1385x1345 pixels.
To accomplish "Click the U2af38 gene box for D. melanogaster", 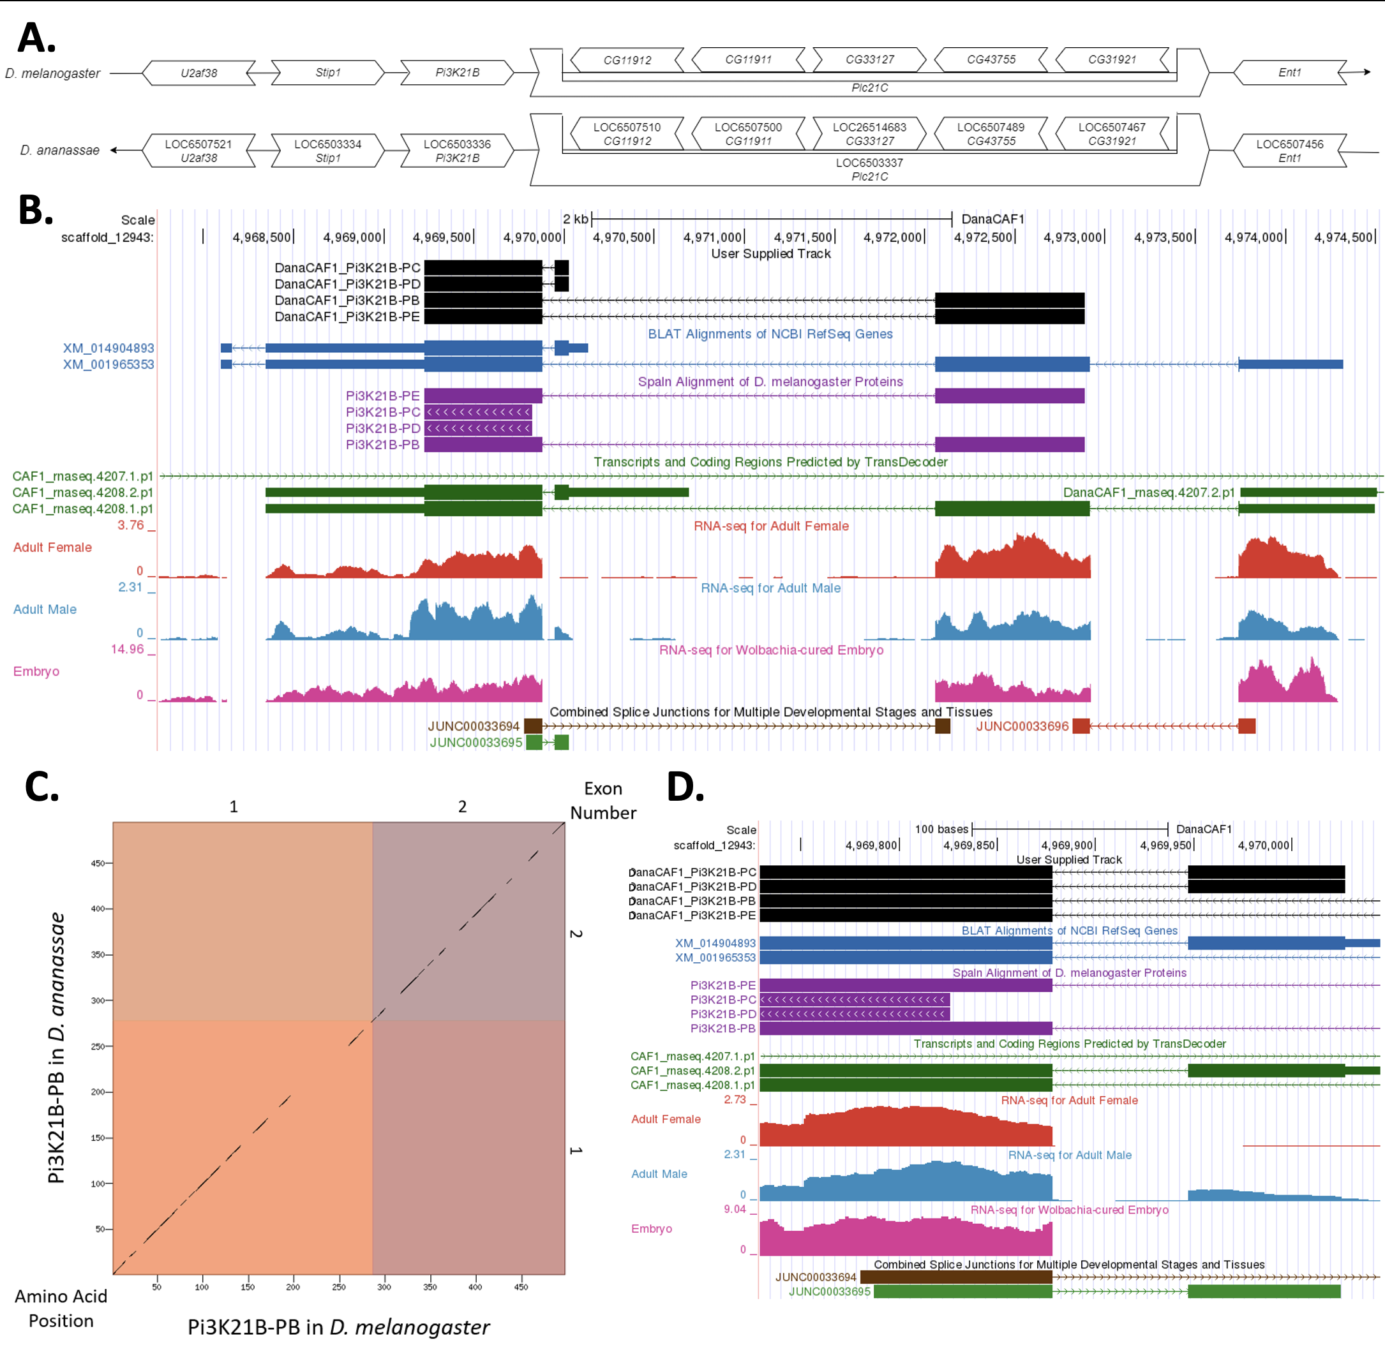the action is pyautogui.click(x=198, y=73).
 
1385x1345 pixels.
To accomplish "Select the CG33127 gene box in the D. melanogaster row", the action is pyautogui.click(x=870, y=59).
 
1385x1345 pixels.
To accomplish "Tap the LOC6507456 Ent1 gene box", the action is pyautogui.click(x=1290, y=151).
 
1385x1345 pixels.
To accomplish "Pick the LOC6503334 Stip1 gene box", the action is pyautogui.click(x=328, y=151).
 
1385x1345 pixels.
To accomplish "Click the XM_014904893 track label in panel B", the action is pyautogui.click(x=108, y=348).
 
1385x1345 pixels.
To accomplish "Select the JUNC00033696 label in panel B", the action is pyautogui.click(x=1022, y=726).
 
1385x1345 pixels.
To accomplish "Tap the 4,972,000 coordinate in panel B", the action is pyautogui.click(x=892, y=237).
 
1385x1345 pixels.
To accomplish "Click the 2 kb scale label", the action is pyautogui.click(x=575, y=219).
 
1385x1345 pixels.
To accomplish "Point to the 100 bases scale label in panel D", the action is pyautogui.click(x=941, y=829).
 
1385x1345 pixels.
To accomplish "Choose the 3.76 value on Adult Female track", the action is pyautogui.click(x=131, y=525).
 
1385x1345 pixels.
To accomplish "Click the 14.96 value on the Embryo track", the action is pyautogui.click(x=127, y=649).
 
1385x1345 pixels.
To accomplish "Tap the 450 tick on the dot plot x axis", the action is pyautogui.click(x=521, y=1287).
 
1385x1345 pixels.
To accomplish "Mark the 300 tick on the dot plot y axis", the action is pyautogui.click(x=98, y=1000).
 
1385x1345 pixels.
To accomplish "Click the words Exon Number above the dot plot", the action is pyautogui.click(x=603, y=800).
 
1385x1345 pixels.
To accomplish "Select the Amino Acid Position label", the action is pyautogui.click(x=61, y=1308).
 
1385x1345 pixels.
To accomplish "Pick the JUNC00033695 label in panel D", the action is pyautogui.click(x=830, y=1291).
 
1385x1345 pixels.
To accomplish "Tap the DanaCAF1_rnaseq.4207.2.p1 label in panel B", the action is pyautogui.click(x=1149, y=493).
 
